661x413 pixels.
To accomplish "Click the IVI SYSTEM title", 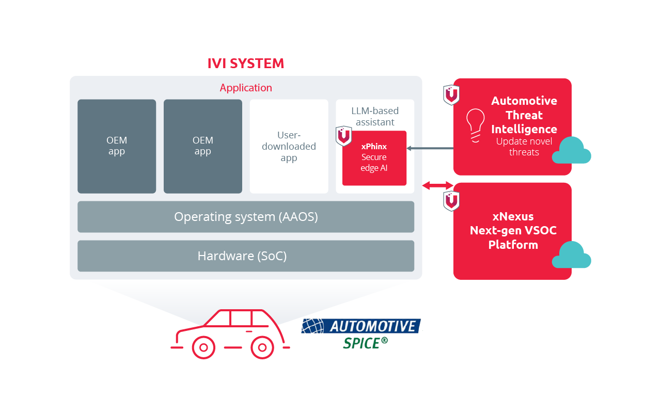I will pyautogui.click(x=245, y=63).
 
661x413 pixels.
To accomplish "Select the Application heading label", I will pyautogui.click(x=246, y=88).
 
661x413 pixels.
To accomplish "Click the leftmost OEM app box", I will pyautogui.click(x=117, y=146).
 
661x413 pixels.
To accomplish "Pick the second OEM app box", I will pyautogui.click(x=203, y=146).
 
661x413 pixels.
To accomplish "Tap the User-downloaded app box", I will pyautogui.click(x=289, y=146).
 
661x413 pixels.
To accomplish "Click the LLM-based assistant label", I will pyautogui.click(x=375, y=117).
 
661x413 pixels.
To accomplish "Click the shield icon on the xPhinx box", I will pyautogui.click(x=343, y=136).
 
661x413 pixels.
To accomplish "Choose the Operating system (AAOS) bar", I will pyautogui.click(x=246, y=217).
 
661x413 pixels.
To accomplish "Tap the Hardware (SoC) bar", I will pyautogui.click(x=246, y=256).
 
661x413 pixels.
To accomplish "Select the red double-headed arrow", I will pyautogui.click(x=437, y=185).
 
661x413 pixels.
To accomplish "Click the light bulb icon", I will pyautogui.click(x=476, y=124).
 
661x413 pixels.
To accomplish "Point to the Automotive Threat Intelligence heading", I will pyautogui.click(x=524, y=115).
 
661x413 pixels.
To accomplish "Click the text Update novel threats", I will pyautogui.click(x=524, y=147).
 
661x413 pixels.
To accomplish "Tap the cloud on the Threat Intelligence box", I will pyautogui.click(x=571, y=151).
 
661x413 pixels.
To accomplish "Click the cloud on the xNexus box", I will pyautogui.click(x=571, y=255).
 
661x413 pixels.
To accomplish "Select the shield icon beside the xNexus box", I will pyautogui.click(x=451, y=201).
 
